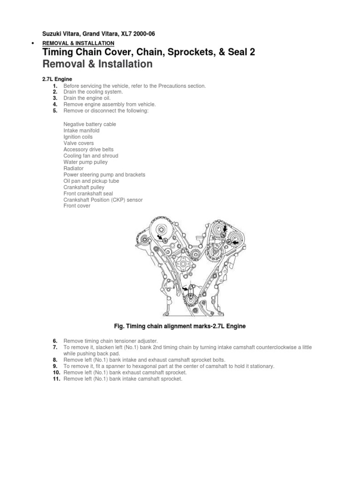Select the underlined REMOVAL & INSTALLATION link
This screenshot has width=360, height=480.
click(78, 43)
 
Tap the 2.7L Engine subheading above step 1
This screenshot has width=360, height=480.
click(57, 80)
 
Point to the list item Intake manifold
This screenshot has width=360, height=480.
click(82, 131)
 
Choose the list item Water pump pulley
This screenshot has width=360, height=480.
click(85, 162)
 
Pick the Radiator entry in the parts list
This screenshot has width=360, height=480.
click(74, 168)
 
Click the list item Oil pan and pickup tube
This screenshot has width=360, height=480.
click(91, 181)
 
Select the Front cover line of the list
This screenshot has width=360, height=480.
click(77, 206)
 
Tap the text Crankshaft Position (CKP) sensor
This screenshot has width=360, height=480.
click(103, 200)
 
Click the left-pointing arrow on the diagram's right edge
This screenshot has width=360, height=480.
click(235, 242)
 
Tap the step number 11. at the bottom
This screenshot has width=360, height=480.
click(54, 379)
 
